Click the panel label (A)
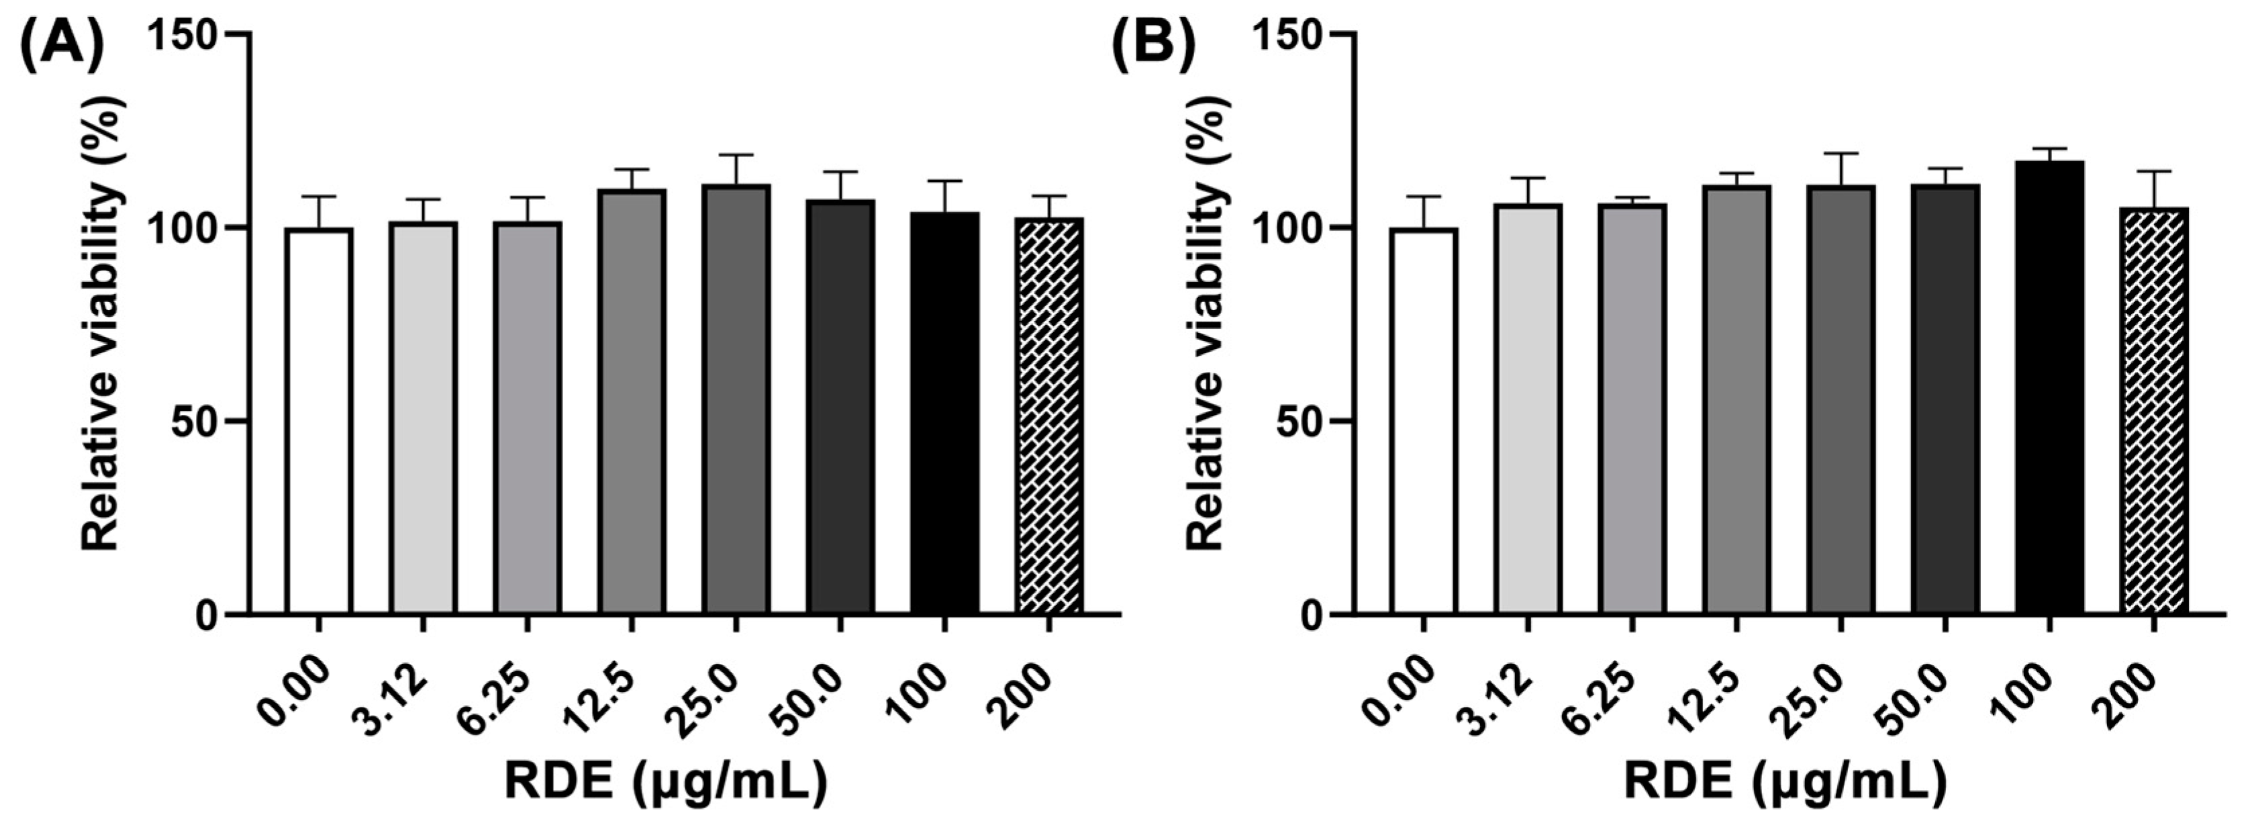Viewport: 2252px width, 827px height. (x=60, y=48)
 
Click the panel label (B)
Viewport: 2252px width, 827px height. (x=1153, y=48)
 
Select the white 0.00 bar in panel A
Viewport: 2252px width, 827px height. (x=319, y=420)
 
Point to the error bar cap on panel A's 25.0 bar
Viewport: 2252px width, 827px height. (x=737, y=156)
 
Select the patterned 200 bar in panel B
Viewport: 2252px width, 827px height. (x=2153, y=411)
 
